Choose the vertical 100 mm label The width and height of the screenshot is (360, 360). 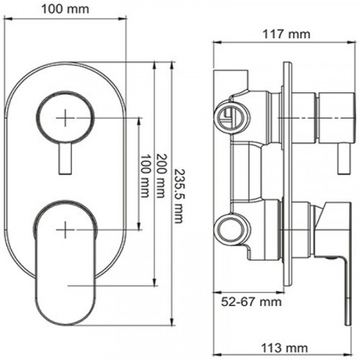tap(146, 178)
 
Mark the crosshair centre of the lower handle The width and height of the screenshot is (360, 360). tap(66, 229)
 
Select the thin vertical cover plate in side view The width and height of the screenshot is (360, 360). tap(289, 180)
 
